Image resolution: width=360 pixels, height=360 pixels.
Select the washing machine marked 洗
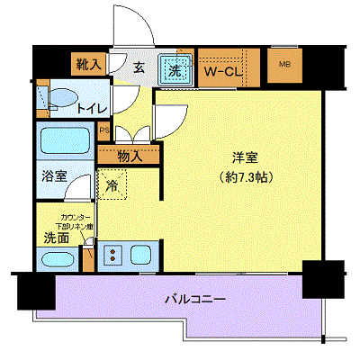[175, 67]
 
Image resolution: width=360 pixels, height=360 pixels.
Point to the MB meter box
[283, 64]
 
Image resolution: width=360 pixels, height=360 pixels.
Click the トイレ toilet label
[92, 109]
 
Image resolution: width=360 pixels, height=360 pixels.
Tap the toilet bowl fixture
[61, 101]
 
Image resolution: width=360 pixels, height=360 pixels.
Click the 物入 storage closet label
[130, 157]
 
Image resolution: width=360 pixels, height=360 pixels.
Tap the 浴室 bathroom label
[53, 177]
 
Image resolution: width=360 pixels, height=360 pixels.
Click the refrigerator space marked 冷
[113, 187]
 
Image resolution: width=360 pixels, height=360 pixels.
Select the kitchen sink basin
[144, 255]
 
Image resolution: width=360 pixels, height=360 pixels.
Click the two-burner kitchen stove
[113, 255]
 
